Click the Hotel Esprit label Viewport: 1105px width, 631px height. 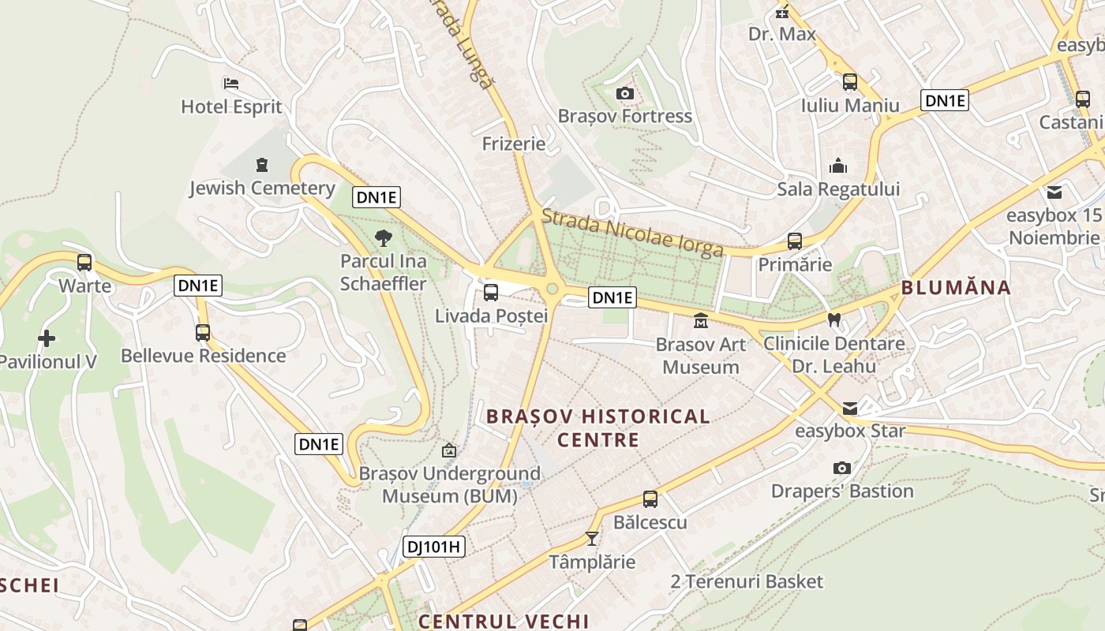(231, 106)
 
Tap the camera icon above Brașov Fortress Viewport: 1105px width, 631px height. (625, 94)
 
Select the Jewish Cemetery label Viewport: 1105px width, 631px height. (262, 188)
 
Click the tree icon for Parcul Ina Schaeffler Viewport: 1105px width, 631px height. (384, 238)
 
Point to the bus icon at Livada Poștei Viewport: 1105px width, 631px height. (491, 293)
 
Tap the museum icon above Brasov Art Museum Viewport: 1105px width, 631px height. (700, 321)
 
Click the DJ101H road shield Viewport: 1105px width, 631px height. (434, 547)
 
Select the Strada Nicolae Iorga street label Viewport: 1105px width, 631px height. (632, 233)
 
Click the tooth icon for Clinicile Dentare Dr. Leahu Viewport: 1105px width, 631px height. (833, 320)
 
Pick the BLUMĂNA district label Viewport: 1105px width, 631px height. (956, 287)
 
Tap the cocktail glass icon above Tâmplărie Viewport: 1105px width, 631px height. (592, 539)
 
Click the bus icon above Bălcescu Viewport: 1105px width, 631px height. (650, 498)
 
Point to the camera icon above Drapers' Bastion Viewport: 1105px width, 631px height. (842, 468)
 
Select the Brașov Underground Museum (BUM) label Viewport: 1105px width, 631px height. (450, 484)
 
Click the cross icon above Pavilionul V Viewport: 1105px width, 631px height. (47, 338)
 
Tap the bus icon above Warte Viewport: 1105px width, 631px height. (84, 263)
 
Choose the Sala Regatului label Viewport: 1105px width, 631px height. (838, 189)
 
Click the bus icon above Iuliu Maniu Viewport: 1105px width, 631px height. (850, 82)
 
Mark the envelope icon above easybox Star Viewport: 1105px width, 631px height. (850, 408)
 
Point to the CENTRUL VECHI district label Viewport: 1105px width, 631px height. (504, 621)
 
